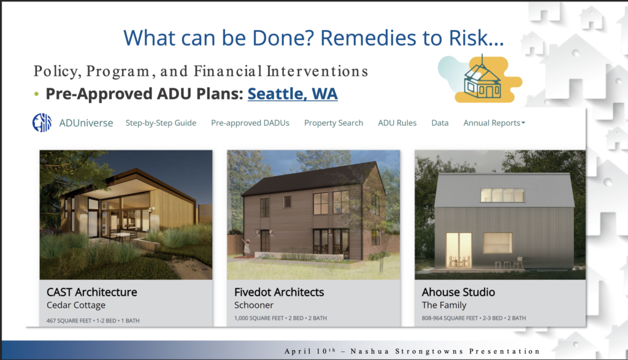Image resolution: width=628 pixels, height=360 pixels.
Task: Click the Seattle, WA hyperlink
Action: pyautogui.click(x=293, y=94)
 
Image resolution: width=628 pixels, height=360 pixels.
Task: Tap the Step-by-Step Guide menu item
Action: pyautogui.click(x=161, y=123)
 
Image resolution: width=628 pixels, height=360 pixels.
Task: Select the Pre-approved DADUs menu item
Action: pyautogui.click(x=250, y=123)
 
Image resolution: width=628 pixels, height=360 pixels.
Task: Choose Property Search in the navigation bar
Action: pyautogui.click(x=334, y=123)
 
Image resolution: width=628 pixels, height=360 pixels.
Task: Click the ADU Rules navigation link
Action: pyautogui.click(x=397, y=123)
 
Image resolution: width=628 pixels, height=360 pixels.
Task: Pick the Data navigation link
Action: pyautogui.click(x=440, y=123)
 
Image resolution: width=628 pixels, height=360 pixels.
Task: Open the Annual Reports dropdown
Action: pyautogui.click(x=494, y=123)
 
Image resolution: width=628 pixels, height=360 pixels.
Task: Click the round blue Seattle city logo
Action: pyautogui.click(x=42, y=123)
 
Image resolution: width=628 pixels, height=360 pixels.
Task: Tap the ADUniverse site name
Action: pyautogui.click(x=86, y=123)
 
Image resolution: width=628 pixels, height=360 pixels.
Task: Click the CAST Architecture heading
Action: pyautogui.click(x=92, y=293)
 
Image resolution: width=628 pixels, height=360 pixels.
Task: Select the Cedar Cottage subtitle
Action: pyautogui.click(x=76, y=305)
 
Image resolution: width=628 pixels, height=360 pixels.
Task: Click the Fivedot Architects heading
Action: pyautogui.click(x=279, y=293)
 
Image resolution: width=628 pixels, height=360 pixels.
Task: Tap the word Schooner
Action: pyautogui.click(x=254, y=305)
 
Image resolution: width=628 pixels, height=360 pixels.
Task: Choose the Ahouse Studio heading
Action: pyautogui.click(x=458, y=293)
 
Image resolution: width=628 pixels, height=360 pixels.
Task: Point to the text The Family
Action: pyautogui.click(x=444, y=305)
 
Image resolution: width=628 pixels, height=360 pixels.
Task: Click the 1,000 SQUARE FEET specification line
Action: pyautogui.click(x=280, y=318)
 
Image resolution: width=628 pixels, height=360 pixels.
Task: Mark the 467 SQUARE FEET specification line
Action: pyautogui.click(x=93, y=320)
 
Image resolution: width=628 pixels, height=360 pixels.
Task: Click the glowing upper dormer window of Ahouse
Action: pyautogui.click(x=502, y=195)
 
